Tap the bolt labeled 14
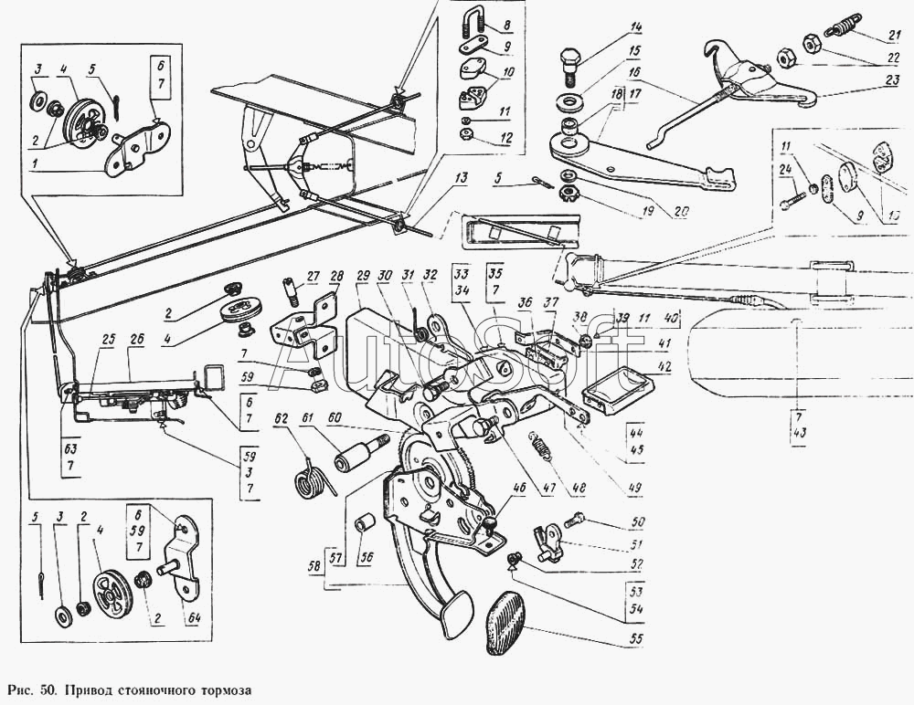568,63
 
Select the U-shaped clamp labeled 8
475,22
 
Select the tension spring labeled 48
543,447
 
